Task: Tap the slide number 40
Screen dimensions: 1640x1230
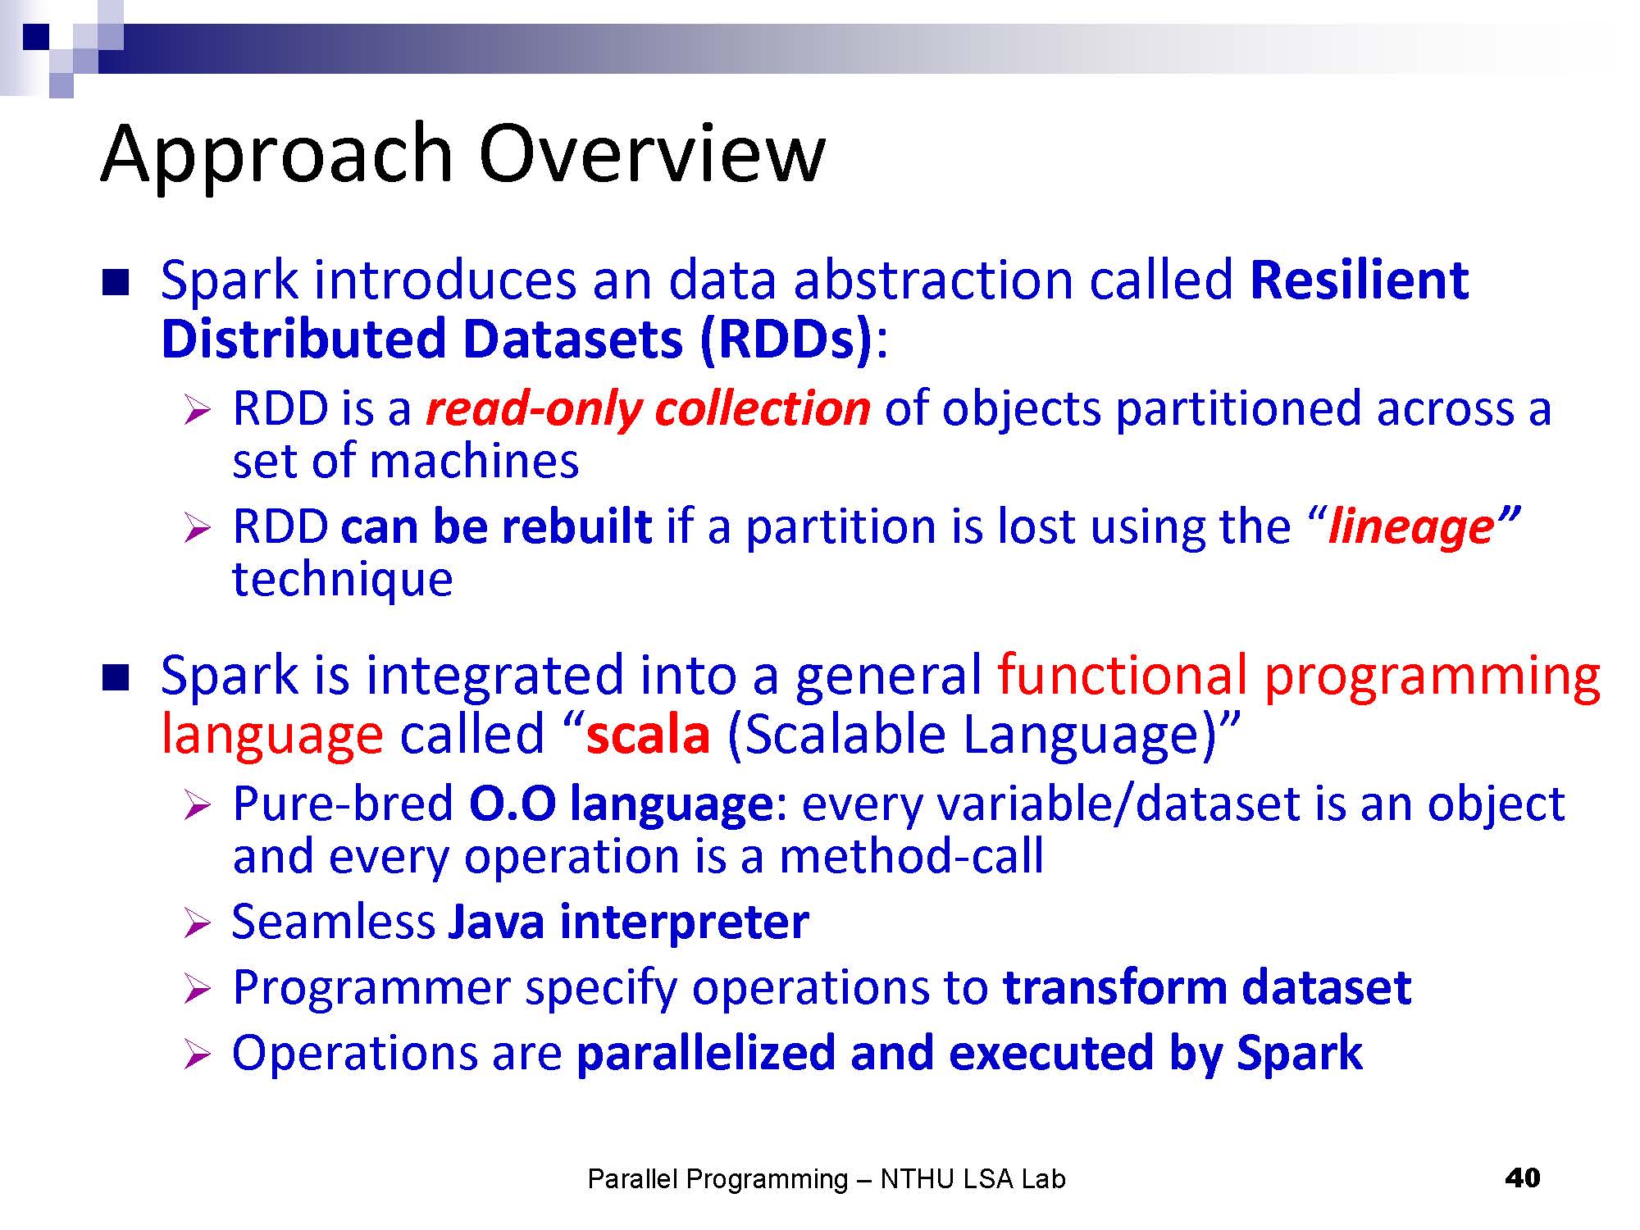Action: coord(1523,1178)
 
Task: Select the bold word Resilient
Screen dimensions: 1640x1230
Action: coord(1359,280)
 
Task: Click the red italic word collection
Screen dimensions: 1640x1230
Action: coord(763,408)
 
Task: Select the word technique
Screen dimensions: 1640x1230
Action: coord(343,579)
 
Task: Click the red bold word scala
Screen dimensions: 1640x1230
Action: coord(648,734)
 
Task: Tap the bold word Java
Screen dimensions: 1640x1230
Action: coord(496,921)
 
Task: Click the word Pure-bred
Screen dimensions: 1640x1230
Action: coord(343,803)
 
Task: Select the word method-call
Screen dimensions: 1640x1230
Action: coord(911,856)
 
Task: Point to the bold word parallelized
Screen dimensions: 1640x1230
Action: coord(706,1053)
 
